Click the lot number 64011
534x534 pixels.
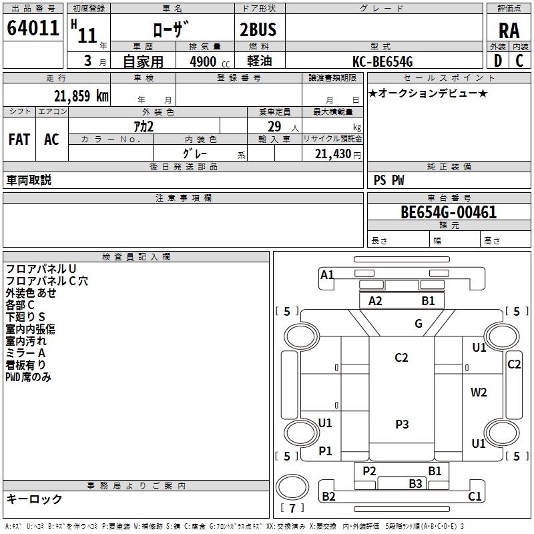[x=33, y=29]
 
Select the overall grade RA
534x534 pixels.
[x=509, y=31]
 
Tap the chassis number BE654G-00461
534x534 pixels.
[x=448, y=213]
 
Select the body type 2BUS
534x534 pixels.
[x=258, y=29]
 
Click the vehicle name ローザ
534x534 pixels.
[x=172, y=29]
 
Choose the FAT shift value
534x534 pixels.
[x=19, y=140]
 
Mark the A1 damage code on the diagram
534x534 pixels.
[x=327, y=274]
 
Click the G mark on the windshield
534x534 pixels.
[x=419, y=324]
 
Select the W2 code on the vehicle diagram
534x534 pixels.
[x=479, y=392]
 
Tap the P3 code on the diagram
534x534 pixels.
[x=402, y=424]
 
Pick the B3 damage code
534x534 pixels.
[x=416, y=483]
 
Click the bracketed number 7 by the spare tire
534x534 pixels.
[x=292, y=508]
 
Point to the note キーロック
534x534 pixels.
[x=34, y=499]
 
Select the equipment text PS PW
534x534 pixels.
[x=388, y=180]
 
